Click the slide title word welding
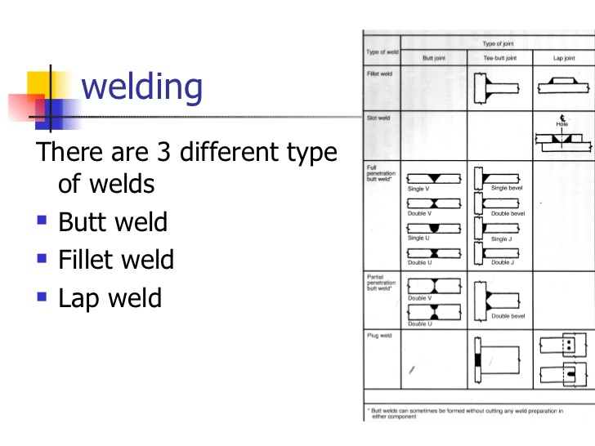[x=142, y=87]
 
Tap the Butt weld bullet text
[x=113, y=222]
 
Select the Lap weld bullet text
[x=110, y=297]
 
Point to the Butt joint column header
[x=434, y=59]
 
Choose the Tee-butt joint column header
[x=499, y=59]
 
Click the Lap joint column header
[x=564, y=59]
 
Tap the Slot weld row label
[x=378, y=118]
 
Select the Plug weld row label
[x=378, y=335]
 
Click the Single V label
[x=419, y=189]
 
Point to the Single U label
[x=417, y=238]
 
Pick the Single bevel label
[x=507, y=188]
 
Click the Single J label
[x=501, y=239]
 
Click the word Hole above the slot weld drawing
[x=562, y=124]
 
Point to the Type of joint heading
[x=499, y=43]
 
